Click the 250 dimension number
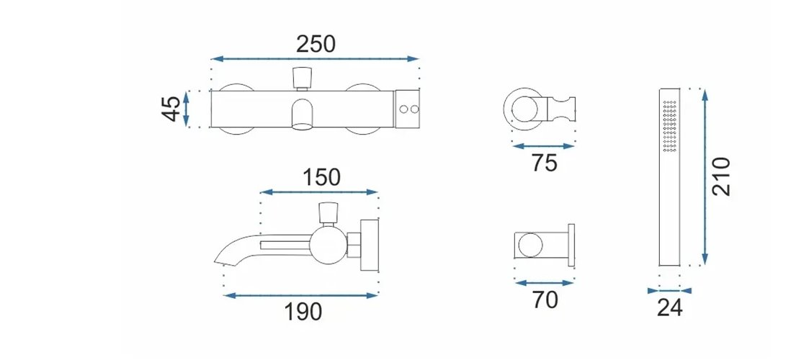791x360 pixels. [316, 45]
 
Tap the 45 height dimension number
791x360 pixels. [171, 109]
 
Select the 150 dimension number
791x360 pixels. [322, 177]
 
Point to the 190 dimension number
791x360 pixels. [303, 312]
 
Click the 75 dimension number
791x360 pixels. [545, 163]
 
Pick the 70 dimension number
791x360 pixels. [545, 300]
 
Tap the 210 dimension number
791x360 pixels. [721, 176]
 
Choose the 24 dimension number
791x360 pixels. [670, 307]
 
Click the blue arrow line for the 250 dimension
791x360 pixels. [316, 59]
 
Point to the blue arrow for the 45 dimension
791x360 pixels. [186, 109]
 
